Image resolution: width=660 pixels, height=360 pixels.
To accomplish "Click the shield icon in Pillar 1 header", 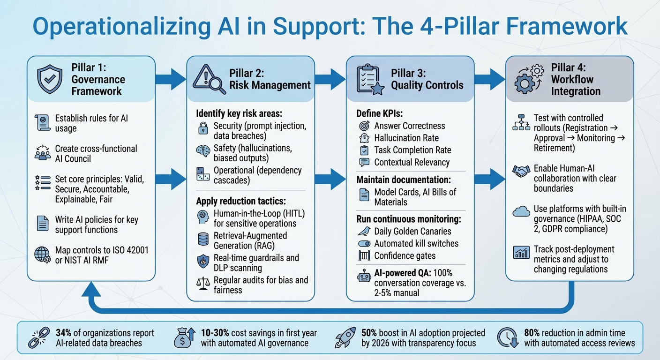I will [49, 79].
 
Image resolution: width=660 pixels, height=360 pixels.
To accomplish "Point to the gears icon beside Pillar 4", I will [529, 79].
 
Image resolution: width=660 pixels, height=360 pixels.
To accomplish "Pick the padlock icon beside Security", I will [202, 128].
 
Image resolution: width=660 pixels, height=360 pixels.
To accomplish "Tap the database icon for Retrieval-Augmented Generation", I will [202, 240].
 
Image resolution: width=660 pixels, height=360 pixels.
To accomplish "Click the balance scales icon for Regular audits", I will [202, 283].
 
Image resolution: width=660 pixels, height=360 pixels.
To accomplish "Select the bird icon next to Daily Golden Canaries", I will [364, 231].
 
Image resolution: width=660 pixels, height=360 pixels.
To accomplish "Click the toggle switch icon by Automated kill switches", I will [364, 244].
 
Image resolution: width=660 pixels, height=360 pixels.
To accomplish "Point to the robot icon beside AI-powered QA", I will [364, 277].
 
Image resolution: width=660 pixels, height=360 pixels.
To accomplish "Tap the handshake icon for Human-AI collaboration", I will [521, 172].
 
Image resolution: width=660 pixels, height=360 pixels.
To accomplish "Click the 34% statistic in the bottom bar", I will [63, 333].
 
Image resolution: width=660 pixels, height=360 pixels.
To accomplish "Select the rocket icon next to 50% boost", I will [346, 337].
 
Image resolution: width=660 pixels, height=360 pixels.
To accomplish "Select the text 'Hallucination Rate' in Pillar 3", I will [406, 138].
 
